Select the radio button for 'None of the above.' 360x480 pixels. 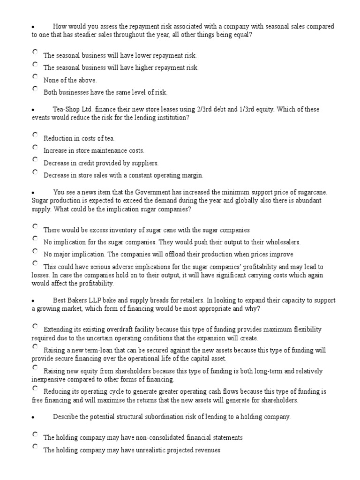[35, 76]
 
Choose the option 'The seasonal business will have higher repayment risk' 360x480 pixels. [35, 64]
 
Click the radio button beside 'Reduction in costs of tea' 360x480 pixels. [35, 135]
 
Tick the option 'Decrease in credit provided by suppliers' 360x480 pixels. [35, 159]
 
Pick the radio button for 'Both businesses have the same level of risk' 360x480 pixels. [35, 89]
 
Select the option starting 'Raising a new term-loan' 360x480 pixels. [35, 347]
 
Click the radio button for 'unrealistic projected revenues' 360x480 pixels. [35, 447]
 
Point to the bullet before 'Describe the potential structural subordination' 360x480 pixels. [33, 417]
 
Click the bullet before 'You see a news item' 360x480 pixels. [33, 193]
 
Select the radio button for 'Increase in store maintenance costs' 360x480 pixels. [35, 147]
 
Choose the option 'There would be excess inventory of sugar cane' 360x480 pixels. [35, 226]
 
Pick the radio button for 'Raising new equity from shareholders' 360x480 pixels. [35, 367]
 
